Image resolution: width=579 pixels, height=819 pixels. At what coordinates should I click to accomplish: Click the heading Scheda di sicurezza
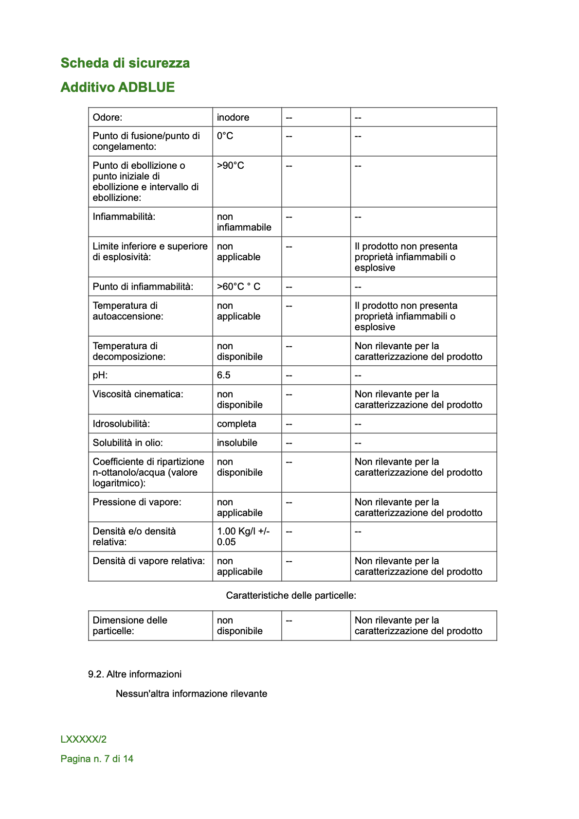click(x=125, y=63)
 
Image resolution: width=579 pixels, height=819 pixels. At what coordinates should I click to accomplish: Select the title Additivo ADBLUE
click(x=118, y=88)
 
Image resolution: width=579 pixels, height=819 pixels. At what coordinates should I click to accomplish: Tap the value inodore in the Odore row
click(x=233, y=118)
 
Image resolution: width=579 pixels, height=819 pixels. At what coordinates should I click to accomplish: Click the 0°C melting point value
click(x=225, y=136)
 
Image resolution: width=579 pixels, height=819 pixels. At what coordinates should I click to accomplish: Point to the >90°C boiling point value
click(x=231, y=166)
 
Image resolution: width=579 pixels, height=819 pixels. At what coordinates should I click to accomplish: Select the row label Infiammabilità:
click(x=124, y=217)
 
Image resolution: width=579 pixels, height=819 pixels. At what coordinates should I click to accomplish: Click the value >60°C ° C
click(x=238, y=287)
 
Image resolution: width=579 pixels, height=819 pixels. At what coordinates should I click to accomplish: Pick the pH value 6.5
click(x=224, y=375)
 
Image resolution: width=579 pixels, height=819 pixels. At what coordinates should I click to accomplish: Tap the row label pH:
click(x=100, y=375)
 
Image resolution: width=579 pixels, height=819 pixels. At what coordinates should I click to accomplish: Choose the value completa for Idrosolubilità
click(x=236, y=424)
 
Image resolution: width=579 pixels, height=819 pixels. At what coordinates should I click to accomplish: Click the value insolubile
click(x=237, y=443)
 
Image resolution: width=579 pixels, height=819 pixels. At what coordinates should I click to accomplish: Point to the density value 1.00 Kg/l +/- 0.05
click(x=243, y=537)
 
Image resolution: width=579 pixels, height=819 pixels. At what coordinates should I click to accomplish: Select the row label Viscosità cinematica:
click(x=138, y=394)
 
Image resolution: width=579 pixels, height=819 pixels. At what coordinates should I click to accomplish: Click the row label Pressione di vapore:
click(x=137, y=502)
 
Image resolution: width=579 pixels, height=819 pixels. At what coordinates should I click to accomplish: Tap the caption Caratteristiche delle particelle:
click(x=291, y=596)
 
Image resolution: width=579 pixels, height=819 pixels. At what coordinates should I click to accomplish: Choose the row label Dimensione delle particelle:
click(x=130, y=626)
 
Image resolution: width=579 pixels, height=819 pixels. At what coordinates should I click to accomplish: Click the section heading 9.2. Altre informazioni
click(x=135, y=675)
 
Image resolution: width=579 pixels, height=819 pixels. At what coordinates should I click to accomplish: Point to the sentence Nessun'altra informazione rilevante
click(x=191, y=694)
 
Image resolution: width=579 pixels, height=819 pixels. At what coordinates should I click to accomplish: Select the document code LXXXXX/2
click(x=84, y=740)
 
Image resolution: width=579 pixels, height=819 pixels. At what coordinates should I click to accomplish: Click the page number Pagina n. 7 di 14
click(x=97, y=759)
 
